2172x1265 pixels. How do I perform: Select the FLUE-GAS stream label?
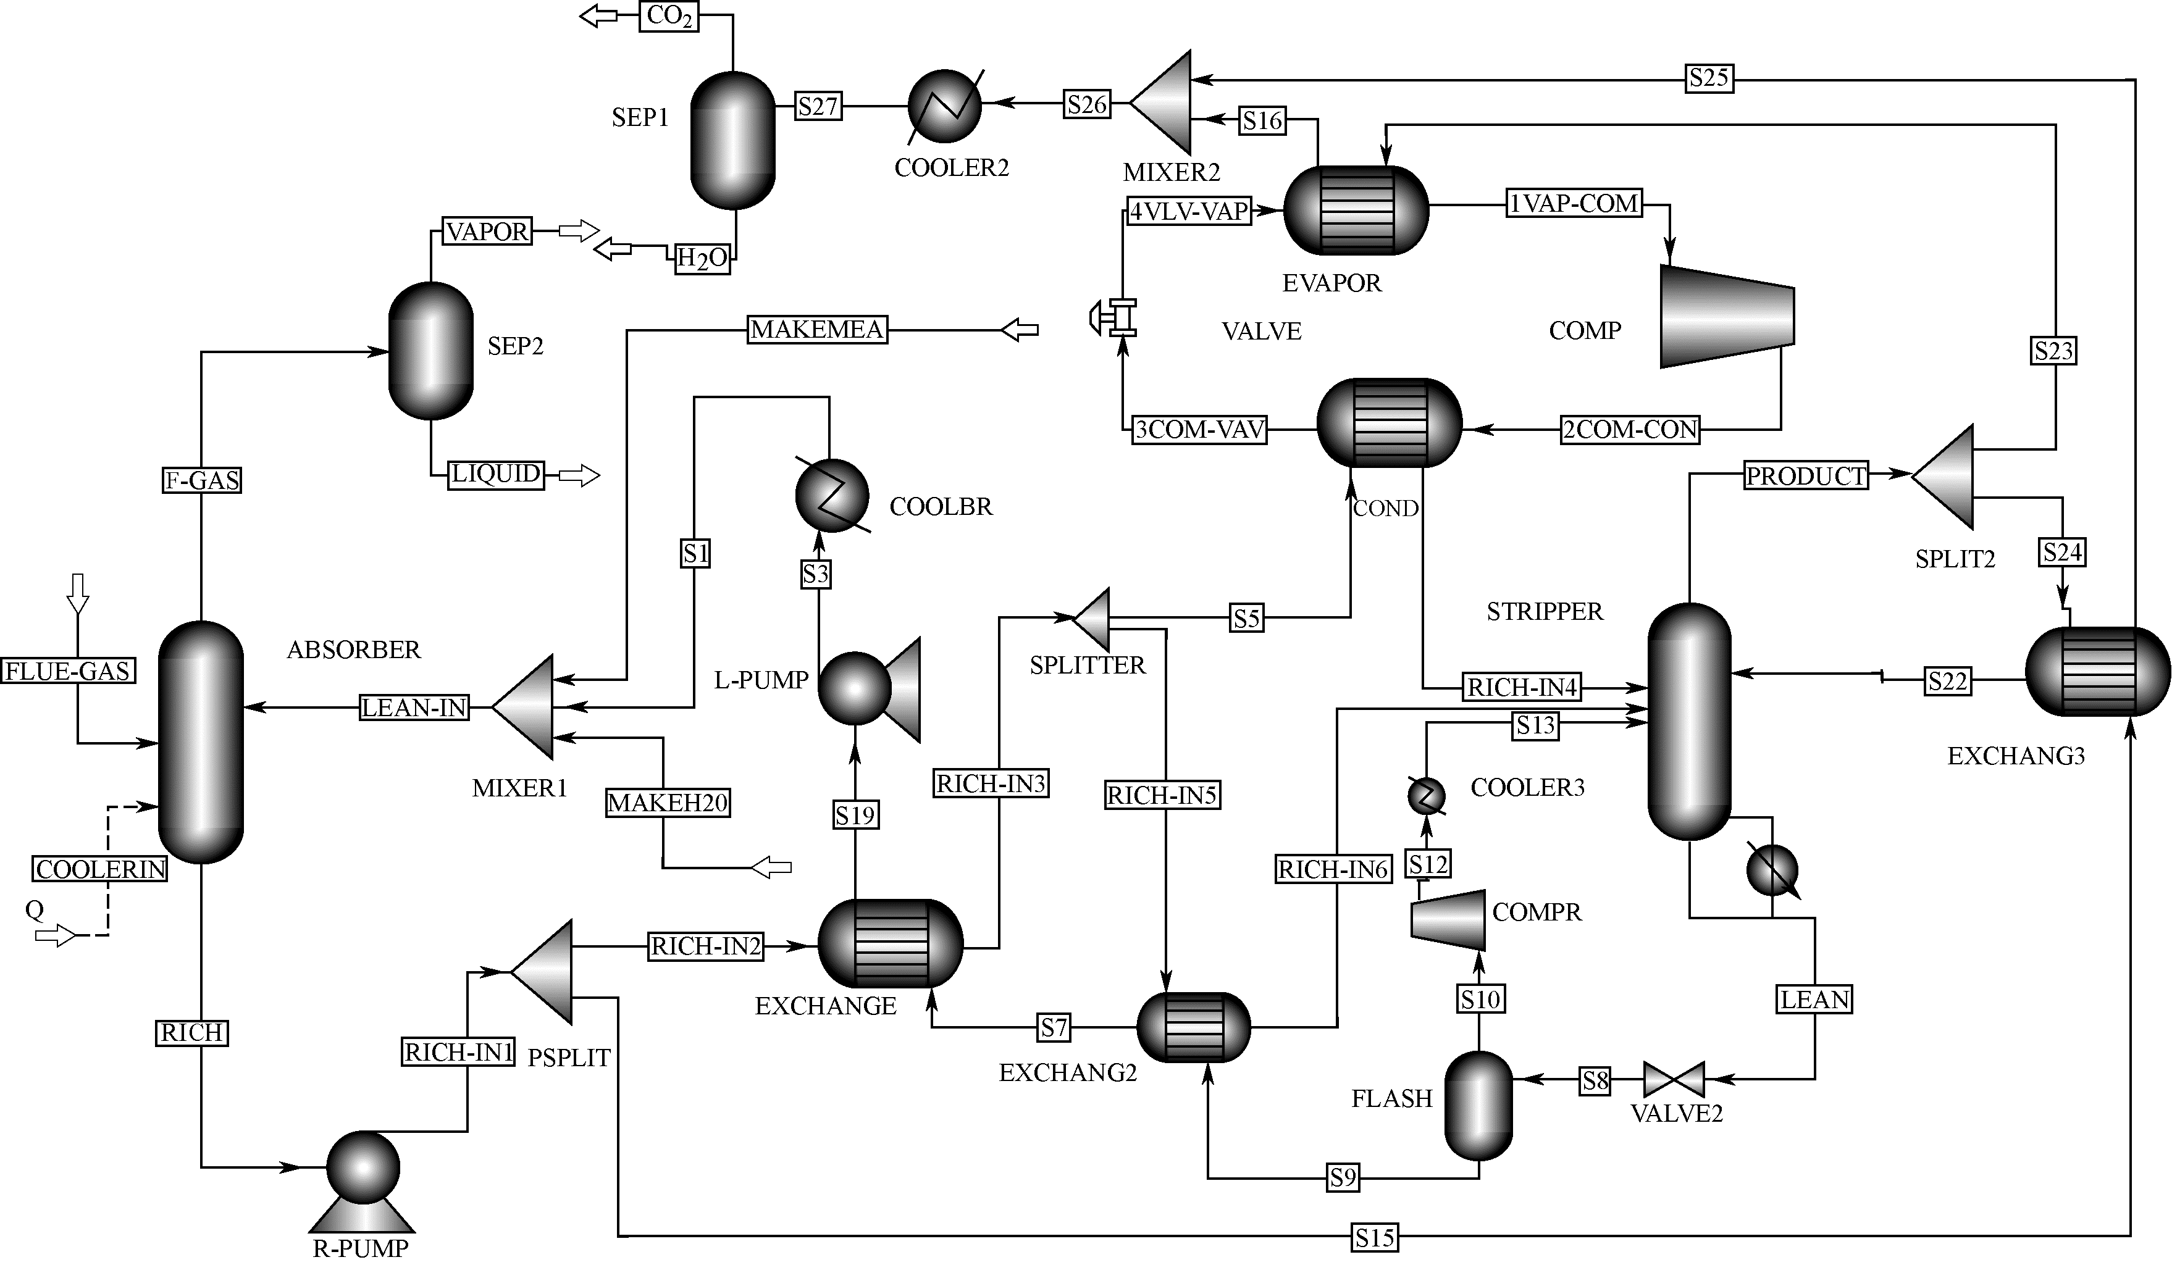pyautogui.click(x=68, y=670)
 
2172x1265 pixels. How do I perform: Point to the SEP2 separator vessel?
pyautogui.click(x=431, y=351)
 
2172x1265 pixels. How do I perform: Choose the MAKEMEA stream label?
pyautogui.click(x=816, y=329)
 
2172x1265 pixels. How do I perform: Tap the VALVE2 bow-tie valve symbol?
pyautogui.click(x=1674, y=1080)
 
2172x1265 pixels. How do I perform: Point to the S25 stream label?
pyautogui.click(x=1708, y=78)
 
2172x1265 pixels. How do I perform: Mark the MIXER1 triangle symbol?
pyautogui.click(x=527, y=708)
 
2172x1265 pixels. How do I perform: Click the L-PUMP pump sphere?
pyautogui.click(x=855, y=688)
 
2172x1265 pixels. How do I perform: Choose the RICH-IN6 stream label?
pyautogui.click(x=1333, y=869)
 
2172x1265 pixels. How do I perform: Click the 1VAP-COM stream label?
pyautogui.click(x=1573, y=203)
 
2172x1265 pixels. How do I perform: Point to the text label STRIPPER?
pyautogui.click(x=1545, y=612)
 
